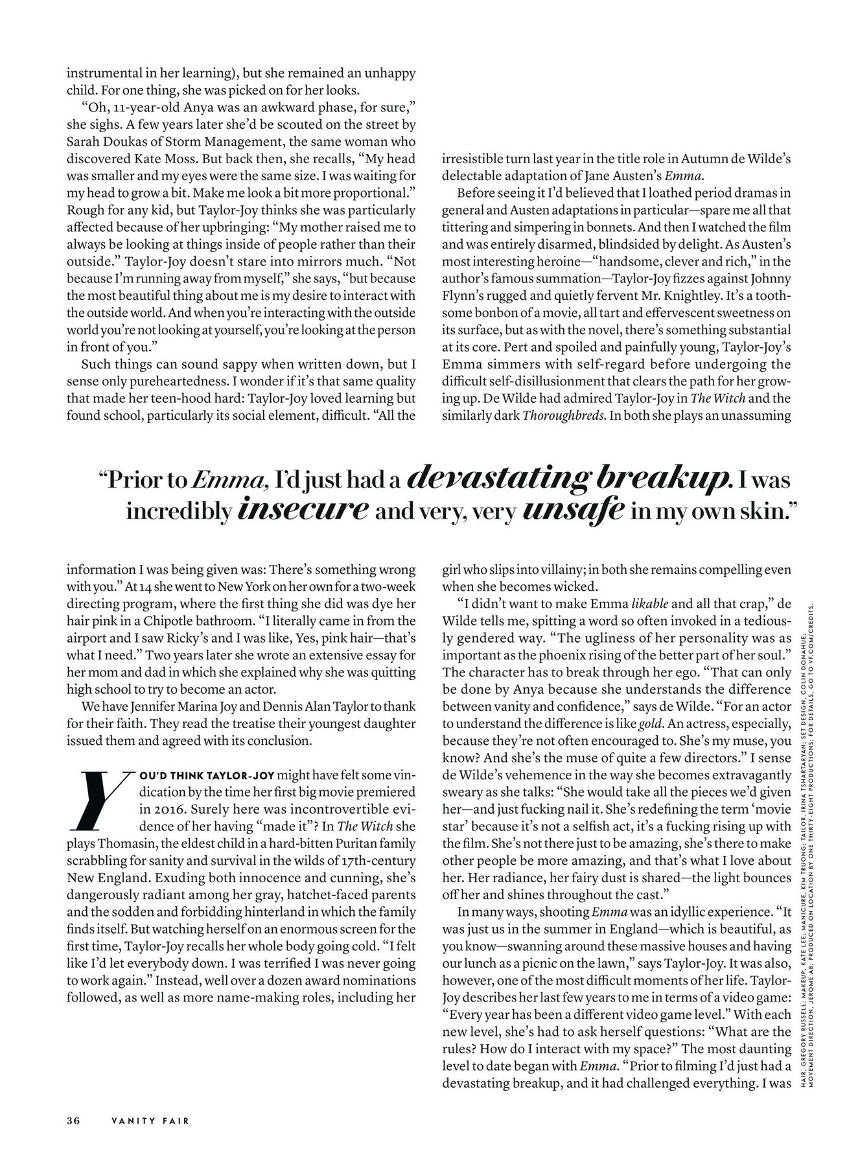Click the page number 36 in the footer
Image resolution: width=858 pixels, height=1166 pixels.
click(x=73, y=1121)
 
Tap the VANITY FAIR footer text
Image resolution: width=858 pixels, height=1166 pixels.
click(x=150, y=1121)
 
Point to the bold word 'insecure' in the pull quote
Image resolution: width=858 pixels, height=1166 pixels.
click(x=303, y=510)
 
